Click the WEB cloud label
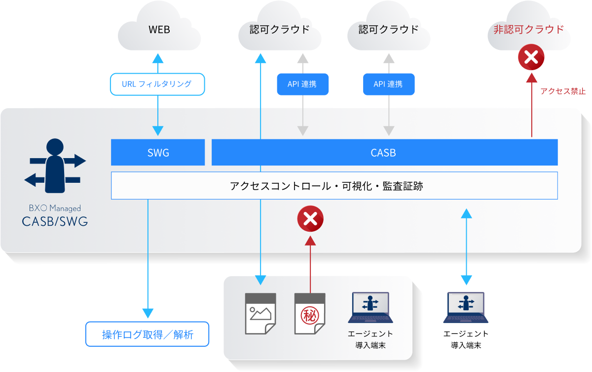(159, 30)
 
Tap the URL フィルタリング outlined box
(157, 84)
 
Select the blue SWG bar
(158, 153)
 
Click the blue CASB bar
(384, 153)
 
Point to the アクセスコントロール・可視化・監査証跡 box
(334, 186)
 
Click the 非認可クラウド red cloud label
(528, 30)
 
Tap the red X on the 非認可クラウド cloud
(531, 58)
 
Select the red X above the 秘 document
(310, 219)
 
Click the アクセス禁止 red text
(562, 91)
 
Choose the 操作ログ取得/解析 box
(148, 335)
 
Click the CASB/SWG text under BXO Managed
(55, 221)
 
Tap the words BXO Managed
(55, 208)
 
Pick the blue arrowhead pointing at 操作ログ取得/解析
(148, 313)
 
